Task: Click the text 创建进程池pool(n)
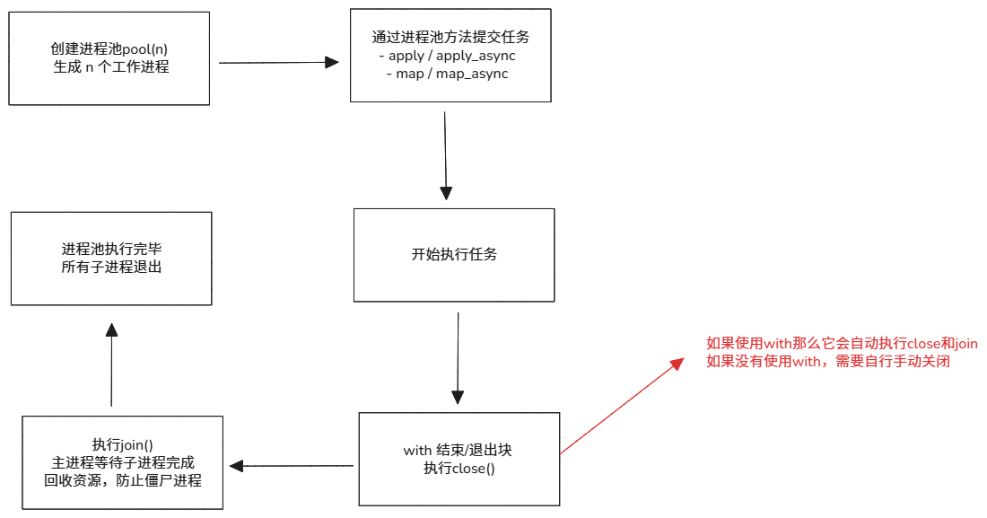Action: pyautogui.click(x=110, y=49)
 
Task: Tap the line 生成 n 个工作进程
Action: pyautogui.click(x=110, y=67)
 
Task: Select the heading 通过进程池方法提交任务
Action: pyautogui.click(x=450, y=38)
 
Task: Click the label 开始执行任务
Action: pyautogui.click(x=454, y=254)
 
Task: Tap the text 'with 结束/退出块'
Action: pyautogui.click(x=459, y=450)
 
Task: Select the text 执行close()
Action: pyautogui.click(x=459, y=468)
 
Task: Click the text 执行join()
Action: pyautogui.click(x=123, y=444)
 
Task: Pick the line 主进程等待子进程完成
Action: pyautogui.click(x=123, y=462)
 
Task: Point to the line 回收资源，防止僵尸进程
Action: pyautogui.click(x=123, y=480)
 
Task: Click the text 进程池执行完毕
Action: pyautogui.click(x=111, y=249)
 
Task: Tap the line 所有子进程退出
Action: pyautogui.click(x=111, y=267)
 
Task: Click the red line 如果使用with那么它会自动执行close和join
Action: pyautogui.click(x=842, y=344)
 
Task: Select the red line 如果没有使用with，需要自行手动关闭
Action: pyautogui.click(x=827, y=362)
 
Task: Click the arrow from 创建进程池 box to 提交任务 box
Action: pyautogui.click(x=278, y=63)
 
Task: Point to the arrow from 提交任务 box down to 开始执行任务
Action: pyautogui.click(x=445, y=153)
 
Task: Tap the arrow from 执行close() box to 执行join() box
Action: pyautogui.click(x=292, y=465)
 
